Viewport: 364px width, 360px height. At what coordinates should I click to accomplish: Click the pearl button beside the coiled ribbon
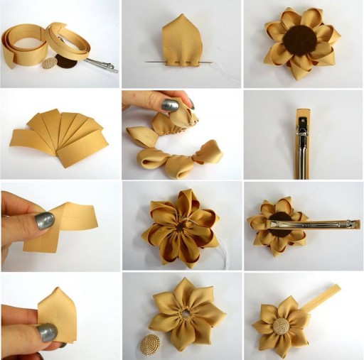50,63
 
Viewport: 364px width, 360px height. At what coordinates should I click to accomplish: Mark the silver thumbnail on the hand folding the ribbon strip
44,221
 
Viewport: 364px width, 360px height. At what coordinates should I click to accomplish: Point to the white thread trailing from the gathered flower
217,252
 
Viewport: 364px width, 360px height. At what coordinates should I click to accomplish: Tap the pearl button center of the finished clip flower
284,327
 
